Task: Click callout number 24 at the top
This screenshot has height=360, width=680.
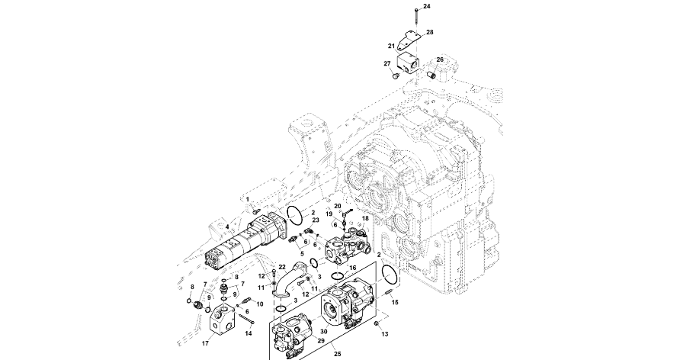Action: click(x=426, y=6)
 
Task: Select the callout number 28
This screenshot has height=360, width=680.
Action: click(x=430, y=32)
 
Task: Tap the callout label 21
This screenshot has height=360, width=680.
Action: click(x=391, y=47)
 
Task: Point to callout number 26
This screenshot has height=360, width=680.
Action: click(x=440, y=59)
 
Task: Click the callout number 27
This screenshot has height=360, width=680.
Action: click(x=387, y=63)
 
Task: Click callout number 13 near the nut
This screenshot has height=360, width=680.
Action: click(x=384, y=334)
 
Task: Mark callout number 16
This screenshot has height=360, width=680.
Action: click(x=352, y=268)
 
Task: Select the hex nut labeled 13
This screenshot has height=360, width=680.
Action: click(x=376, y=324)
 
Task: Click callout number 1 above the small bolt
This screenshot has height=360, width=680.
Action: click(x=247, y=199)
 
